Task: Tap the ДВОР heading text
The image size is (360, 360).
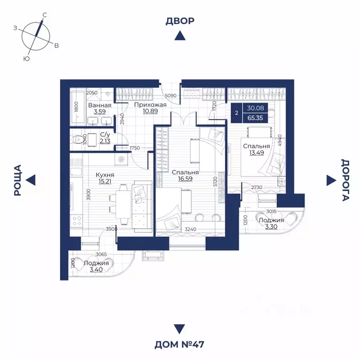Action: (180, 21)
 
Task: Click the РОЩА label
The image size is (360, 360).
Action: (18, 180)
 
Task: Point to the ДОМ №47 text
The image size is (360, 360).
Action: (180, 345)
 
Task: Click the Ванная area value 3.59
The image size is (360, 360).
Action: (99, 112)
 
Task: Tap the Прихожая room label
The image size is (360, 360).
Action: (150, 105)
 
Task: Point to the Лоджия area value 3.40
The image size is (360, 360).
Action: (96, 270)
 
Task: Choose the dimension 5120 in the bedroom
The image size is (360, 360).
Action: (215, 181)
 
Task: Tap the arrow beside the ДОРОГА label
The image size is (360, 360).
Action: (330, 180)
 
